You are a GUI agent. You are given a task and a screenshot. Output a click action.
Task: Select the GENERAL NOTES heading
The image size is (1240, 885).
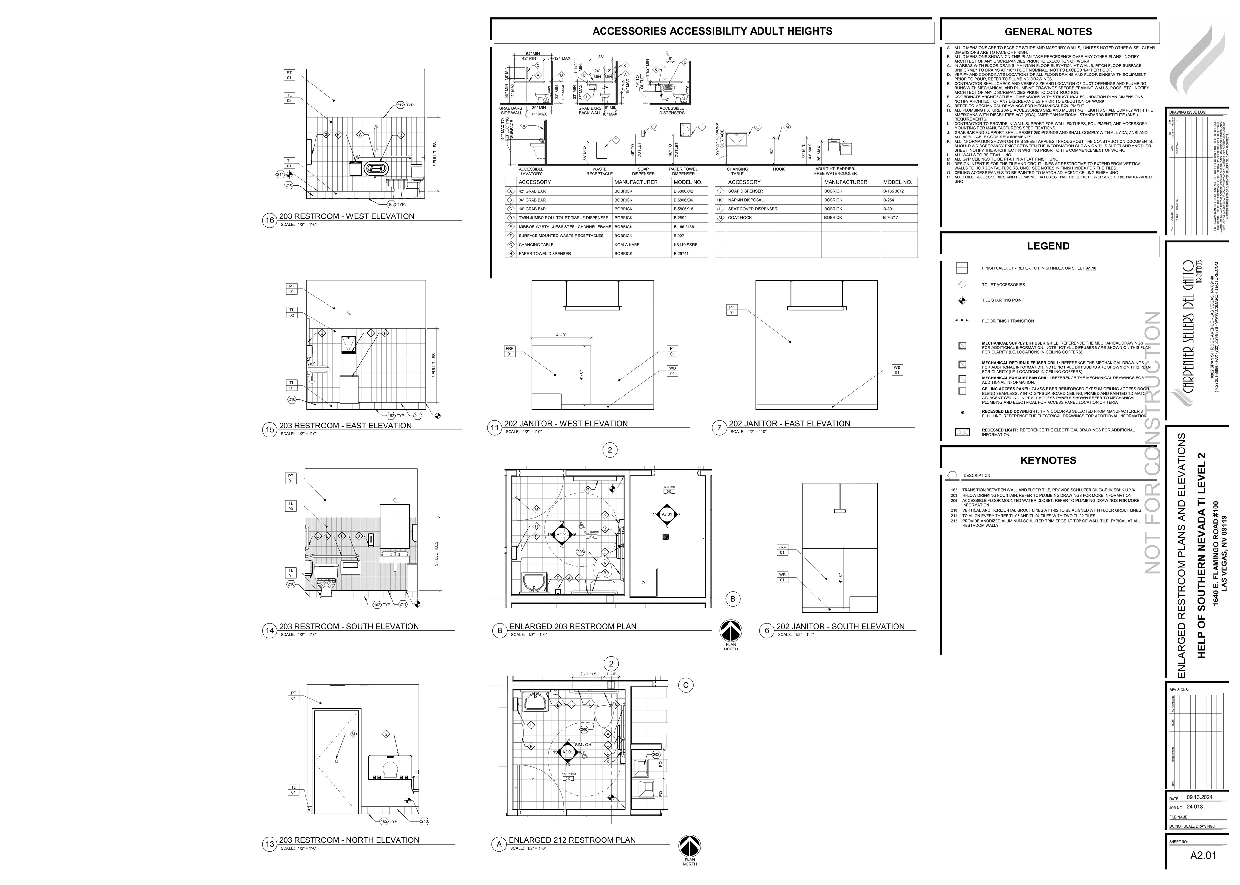(1048, 32)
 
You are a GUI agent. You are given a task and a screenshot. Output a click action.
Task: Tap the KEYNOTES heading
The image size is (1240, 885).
(1048, 460)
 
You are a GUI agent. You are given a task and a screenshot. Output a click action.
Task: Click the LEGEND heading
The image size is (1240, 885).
(1048, 246)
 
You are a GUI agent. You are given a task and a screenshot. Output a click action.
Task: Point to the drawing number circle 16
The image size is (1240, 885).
(269, 221)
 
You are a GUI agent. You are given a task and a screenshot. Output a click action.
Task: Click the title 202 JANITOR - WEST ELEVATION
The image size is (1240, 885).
(565, 423)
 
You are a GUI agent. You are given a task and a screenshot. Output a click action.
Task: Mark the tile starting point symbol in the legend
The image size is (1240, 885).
(962, 300)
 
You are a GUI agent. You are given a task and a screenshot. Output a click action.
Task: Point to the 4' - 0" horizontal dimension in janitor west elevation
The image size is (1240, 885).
(561, 335)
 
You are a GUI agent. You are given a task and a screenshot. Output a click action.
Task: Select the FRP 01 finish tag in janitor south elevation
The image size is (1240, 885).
(782, 549)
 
